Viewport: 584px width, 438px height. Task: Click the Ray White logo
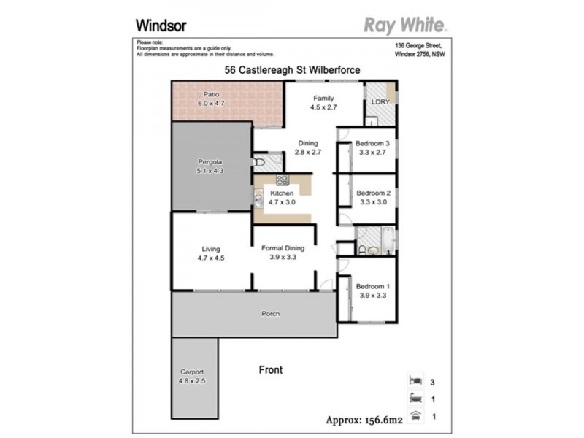coord(405,26)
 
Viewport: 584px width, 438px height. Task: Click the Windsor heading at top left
coord(161,25)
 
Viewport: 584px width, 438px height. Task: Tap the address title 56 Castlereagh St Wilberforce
coord(292,70)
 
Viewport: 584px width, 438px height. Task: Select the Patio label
coord(212,95)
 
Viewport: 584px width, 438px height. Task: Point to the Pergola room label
coord(210,161)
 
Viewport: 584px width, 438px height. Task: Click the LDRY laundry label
coord(380,103)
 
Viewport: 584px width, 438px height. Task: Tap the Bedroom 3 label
coord(373,144)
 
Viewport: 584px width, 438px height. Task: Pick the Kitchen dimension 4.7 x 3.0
coord(282,202)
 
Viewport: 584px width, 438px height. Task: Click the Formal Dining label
coord(283,248)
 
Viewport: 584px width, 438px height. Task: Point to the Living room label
coord(212,248)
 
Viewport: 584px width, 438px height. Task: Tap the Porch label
coord(271,314)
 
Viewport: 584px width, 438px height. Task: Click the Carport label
coord(192,371)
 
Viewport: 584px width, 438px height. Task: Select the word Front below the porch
coord(271,370)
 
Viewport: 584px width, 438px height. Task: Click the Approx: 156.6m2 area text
coord(364,419)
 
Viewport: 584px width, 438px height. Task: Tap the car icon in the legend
coord(415,417)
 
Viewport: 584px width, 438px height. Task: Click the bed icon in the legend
coord(415,381)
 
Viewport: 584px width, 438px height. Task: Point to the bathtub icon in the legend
coord(415,399)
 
